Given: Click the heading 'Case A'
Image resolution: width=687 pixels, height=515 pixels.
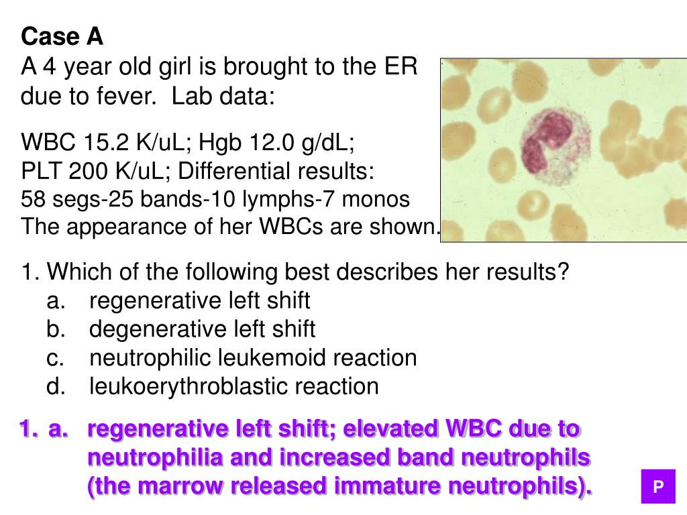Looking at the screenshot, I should pos(62,37).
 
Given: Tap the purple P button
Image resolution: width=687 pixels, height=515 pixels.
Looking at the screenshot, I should pos(658,486).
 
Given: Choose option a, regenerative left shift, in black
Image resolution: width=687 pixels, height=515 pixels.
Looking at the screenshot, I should pos(199,300).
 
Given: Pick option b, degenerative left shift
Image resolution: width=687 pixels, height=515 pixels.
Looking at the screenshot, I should pos(202,329).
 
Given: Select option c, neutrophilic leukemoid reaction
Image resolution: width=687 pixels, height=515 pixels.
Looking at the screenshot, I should pos(253,358).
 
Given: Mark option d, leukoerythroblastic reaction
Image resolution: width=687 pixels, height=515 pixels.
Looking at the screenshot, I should pos(234,387).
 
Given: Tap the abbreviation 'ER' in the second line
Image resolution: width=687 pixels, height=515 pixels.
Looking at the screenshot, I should pos(402,67).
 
